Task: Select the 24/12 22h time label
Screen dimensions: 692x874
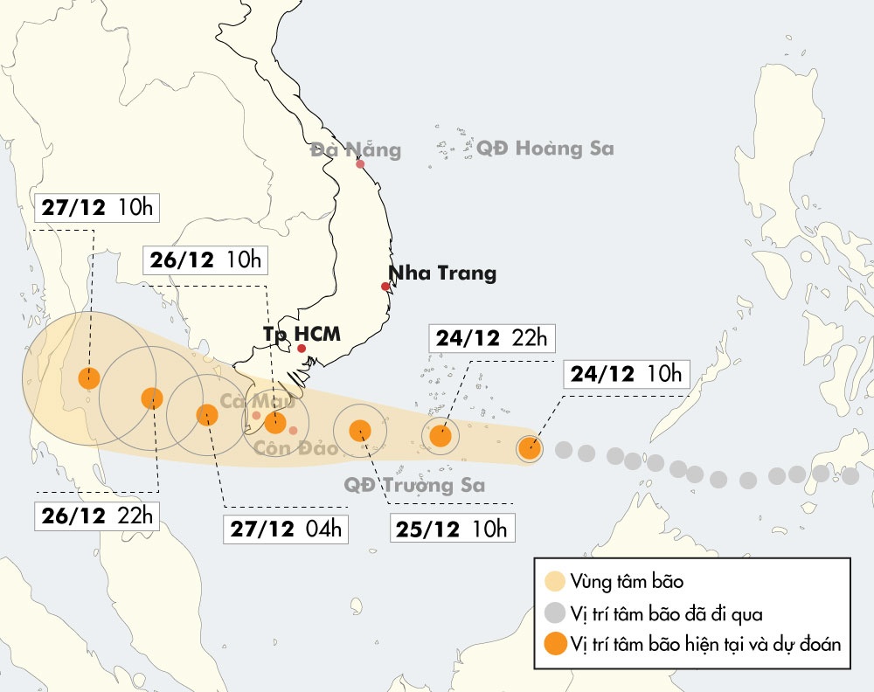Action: click(x=493, y=339)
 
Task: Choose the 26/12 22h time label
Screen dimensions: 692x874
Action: click(x=97, y=516)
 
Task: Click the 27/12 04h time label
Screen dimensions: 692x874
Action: click(x=287, y=529)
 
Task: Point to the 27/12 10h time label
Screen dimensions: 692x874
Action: click(x=97, y=207)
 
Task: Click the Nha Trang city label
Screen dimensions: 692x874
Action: click(x=442, y=273)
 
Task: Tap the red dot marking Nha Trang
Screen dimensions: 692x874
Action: click(x=385, y=287)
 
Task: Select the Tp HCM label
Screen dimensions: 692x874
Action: click(x=302, y=333)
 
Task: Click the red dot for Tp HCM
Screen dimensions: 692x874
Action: click(x=302, y=349)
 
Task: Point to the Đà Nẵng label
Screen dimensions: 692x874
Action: click(x=356, y=149)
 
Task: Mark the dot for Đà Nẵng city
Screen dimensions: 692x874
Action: click(x=360, y=163)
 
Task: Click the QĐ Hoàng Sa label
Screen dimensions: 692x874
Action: click(x=545, y=148)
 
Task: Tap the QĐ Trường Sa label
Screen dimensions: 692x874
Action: click(x=414, y=485)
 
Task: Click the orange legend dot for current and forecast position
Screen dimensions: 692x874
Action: click(x=553, y=645)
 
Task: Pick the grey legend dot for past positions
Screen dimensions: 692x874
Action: click(x=553, y=613)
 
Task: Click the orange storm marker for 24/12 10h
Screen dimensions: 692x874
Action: click(x=530, y=448)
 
